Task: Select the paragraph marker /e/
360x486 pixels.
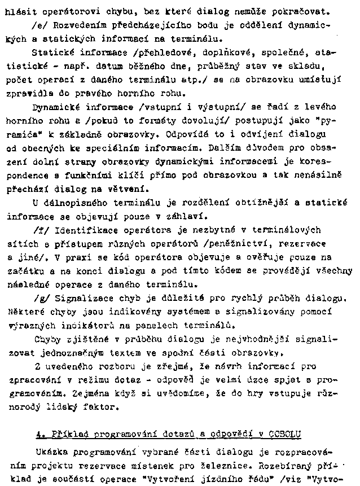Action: [39, 26]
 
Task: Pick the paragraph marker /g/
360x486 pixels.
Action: [39, 298]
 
